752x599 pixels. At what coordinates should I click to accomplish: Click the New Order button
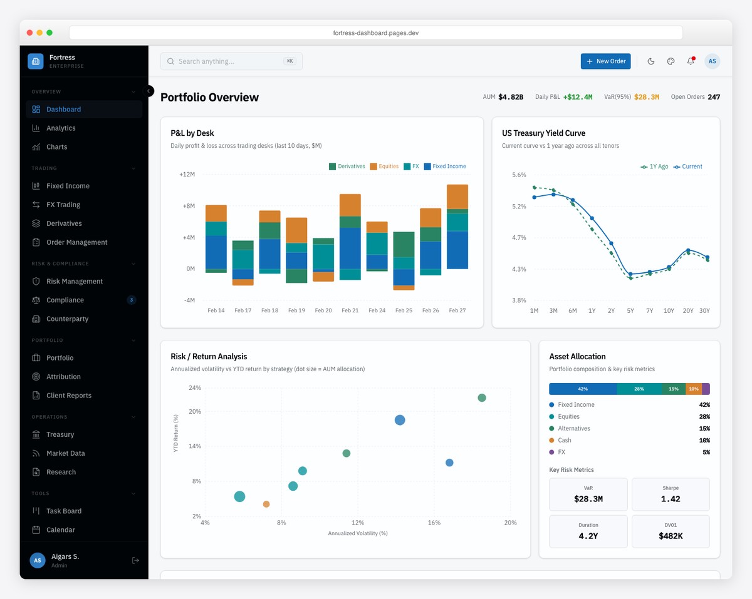tap(605, 61)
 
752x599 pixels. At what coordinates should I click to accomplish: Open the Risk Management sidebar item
tap(74, 282)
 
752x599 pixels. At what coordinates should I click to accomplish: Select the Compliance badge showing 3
tap(131, 300)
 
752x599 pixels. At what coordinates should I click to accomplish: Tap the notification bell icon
tap(691, 61)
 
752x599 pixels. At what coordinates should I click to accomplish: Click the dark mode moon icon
tap(650, 61)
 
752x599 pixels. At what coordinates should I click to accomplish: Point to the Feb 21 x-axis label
tap(350, 310)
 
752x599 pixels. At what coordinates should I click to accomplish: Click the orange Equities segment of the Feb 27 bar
tap(457, 197)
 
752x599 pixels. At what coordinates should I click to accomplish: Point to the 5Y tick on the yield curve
tap(630, 310)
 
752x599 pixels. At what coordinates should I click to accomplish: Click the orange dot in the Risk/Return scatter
tap(266, 504)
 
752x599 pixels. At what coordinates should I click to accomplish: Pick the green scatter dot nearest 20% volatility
tap(482, 398)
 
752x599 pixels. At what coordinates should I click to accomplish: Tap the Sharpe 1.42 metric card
tap(671, 494)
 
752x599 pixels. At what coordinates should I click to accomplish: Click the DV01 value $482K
tap(671, 536)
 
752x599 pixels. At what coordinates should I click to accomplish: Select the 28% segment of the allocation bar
tap(639, 389)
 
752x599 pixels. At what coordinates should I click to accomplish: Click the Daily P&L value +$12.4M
tap(577, 97)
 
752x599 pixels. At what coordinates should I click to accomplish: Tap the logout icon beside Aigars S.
tap(135, 560)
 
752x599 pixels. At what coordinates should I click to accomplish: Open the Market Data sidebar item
tap(65, 453)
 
